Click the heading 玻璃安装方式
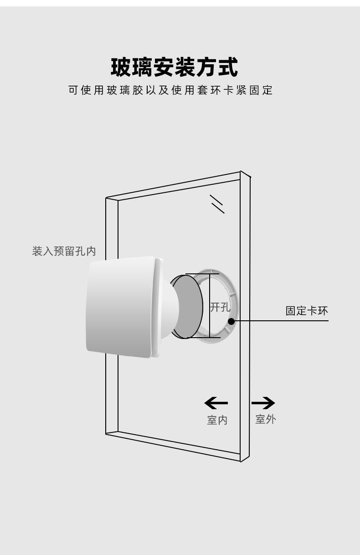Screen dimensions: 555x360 (x=175, y=67)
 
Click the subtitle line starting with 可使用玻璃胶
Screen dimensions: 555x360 (x=170, y=90)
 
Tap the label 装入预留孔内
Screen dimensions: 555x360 (x=64, y=251)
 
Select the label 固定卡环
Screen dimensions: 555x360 (x=307, y=311)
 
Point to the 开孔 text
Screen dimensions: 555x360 (x=220, y=307)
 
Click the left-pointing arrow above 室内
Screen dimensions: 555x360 (x=216, y=403)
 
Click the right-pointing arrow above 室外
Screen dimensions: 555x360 (x=263, y=403)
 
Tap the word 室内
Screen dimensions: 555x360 (x=217, y=420)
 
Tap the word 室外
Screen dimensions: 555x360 (x=265, y=419)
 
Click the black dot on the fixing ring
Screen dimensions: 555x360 (x=231, y=321)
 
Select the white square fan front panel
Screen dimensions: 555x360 (x=121, y=306)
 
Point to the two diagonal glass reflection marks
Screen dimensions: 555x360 (x=217, y=204)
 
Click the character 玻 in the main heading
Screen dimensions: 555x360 (x=122, y=67)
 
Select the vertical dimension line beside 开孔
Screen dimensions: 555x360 (x=209, y=305)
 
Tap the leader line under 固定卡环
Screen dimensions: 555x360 (x=283, y=321)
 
